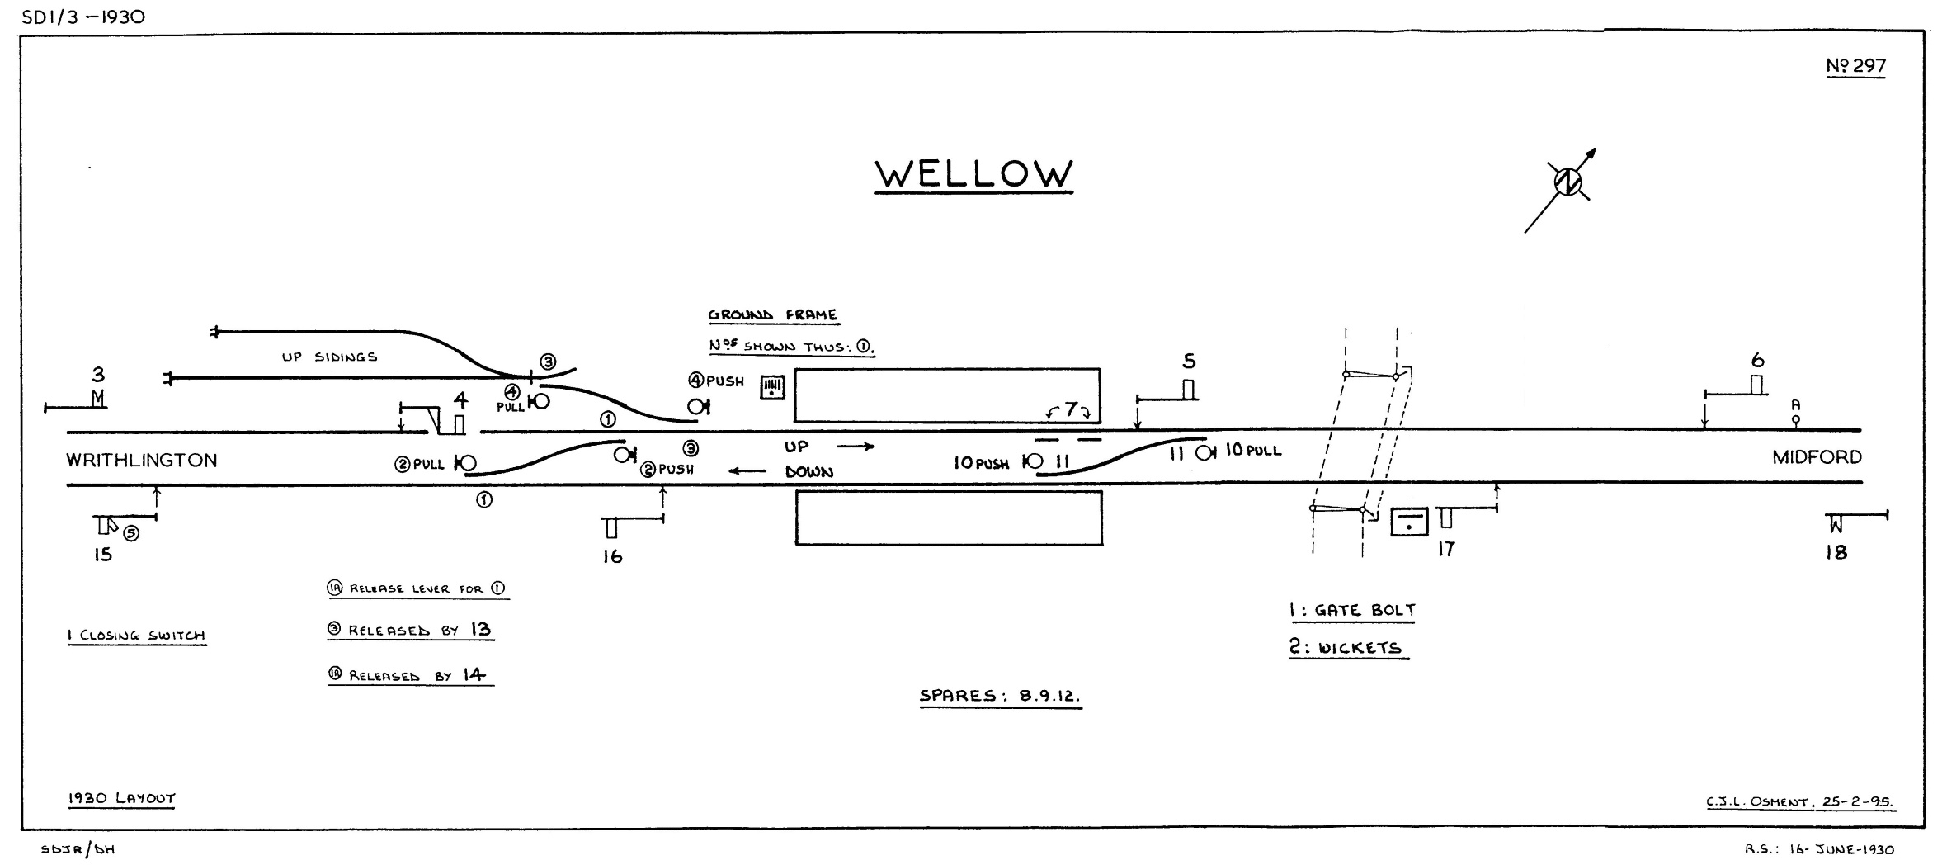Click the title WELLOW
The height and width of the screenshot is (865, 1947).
click(x=973, y=174)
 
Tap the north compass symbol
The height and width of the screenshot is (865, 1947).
click(x=1567, y=182)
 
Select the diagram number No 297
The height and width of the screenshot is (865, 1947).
click(x=1855, y=66)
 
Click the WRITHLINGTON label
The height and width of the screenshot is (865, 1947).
click(x=142, y=461)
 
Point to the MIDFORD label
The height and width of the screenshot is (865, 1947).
click(x=1817, y=457)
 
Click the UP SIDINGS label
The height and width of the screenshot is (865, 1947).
click(x=329, y=357)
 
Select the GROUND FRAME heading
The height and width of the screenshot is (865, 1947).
click(x=772, y=315)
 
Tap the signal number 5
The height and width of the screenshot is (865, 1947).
click(x=1189, y=362)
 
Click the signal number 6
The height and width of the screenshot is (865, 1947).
click(x=1757, y=361)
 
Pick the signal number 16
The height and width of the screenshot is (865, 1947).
click(x=612, y=557)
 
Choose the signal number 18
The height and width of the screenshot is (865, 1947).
click(x=1836, y=553)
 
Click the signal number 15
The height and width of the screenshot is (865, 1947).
click(x=102, y=555)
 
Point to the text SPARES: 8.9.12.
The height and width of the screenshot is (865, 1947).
click(x=1000, y=696)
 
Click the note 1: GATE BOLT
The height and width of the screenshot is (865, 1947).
click(x=1352, y=611)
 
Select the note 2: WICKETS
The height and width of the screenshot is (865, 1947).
click(x=1346, y=648)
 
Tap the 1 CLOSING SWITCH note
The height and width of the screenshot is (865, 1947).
click(x=136, y=636)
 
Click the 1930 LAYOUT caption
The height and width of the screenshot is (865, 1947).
click(x=121, y=799)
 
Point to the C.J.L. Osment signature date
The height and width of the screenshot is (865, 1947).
click(x=1800, y=802)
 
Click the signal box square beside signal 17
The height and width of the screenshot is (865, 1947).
click(x=1409, y=522)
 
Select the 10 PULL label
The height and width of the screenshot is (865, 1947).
click(x=1252, y=451)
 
